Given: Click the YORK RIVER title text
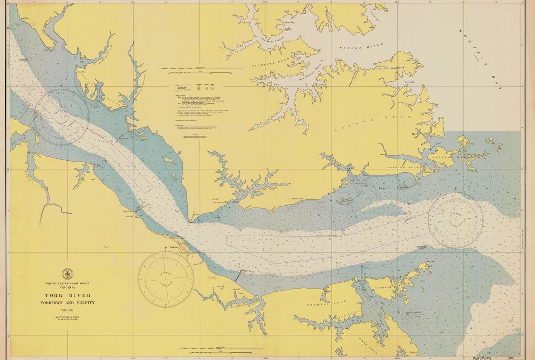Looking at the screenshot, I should coord(67,295).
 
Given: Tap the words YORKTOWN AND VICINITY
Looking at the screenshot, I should coord(67,302).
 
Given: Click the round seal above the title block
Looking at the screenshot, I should coord(67,274).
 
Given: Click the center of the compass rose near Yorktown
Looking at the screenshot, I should coord(165,279).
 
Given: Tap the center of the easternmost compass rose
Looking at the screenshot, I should coord(455,219).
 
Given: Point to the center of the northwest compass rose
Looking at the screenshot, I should coord(61,117).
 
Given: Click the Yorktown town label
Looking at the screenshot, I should coord(173,247).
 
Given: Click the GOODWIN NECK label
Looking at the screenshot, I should coord(322,304).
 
